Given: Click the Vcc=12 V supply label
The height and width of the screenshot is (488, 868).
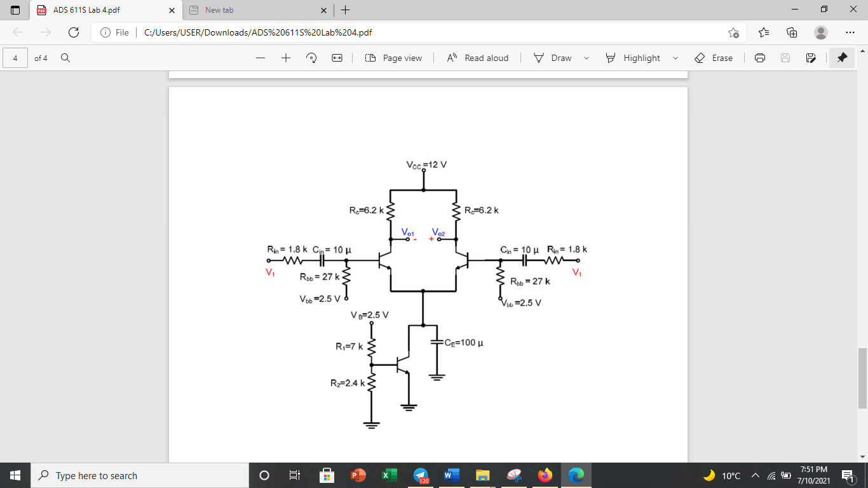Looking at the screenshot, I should pyautogui.click(x=426, y=165).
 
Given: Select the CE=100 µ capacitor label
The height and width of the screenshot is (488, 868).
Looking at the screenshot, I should pyautogui.click(x=464, y=343).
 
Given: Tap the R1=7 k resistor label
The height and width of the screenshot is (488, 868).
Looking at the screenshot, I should pyautogui.click(x=349, y=347).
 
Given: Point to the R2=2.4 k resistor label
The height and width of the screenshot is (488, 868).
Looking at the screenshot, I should pyautogui.click(x=347, y=383).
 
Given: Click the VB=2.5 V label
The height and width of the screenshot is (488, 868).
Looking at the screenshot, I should pyautogui.click(x=369, y=315).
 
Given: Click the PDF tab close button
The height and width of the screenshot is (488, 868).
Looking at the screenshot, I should pyautogui.click(x=172, y=10).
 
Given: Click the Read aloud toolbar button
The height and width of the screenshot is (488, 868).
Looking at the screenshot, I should pyautogui.click(x=478, y=58).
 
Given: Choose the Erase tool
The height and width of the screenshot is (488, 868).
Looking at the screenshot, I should pyautogui.click(x=714, y=58).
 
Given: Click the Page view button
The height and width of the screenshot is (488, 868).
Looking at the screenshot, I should pyautogui.click(x=393, y=58).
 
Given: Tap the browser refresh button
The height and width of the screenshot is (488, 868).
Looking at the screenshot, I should pyautogui.click(x=74, y=32).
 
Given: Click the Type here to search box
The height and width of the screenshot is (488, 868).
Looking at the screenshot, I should pyautogui.click(x=140, y=475).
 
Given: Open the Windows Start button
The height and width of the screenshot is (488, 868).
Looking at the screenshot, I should pyautogui.click(x=15, y=475).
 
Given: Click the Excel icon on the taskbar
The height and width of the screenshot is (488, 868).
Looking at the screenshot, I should pyautogui.click(x=389, y=475).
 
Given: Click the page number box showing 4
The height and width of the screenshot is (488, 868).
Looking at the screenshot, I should pyautogui.click(x=15, y=58).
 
